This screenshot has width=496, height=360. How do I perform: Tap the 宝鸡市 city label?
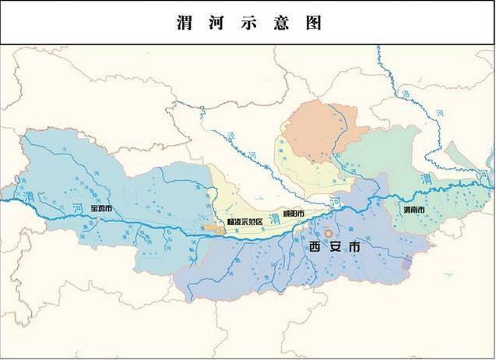102,208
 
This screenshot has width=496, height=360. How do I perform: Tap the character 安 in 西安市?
335,248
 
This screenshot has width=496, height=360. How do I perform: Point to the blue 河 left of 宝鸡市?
77,206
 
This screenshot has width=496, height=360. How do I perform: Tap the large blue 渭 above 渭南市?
425,180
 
